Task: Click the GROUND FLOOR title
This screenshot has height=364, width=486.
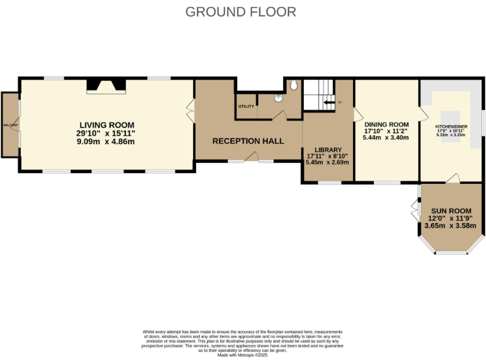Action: tap(240, 12)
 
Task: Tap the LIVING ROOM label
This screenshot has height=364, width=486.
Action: tap(107, 125)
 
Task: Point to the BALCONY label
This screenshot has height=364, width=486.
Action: tap(10, 125)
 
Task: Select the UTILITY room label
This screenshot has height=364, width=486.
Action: tap(246, 106)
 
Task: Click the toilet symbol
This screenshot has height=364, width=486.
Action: tap(294, 85)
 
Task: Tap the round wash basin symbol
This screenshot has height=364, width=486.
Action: tap(278, 98)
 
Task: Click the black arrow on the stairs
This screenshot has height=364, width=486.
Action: tap(328, 102)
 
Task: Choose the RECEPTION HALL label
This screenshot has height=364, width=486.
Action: tap(248, 141)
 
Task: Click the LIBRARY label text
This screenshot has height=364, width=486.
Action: tap(328, 150)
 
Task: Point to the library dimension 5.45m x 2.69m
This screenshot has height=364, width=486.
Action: tap(328, 162)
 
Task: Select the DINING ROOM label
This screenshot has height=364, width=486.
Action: tap(386, 124)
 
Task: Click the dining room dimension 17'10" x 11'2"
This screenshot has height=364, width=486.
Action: tap(386, 131)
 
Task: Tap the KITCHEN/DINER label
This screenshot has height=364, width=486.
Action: tap(451, 126)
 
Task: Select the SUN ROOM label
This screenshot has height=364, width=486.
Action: tap(451, 210)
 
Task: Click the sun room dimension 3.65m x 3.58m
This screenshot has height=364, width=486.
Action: tap(451, 226)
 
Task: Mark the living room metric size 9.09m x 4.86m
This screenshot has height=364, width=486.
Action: tap(107, 142)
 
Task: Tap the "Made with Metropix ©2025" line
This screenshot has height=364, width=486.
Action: tap(243, 355)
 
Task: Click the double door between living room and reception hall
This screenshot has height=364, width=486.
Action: tap(189, 109)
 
